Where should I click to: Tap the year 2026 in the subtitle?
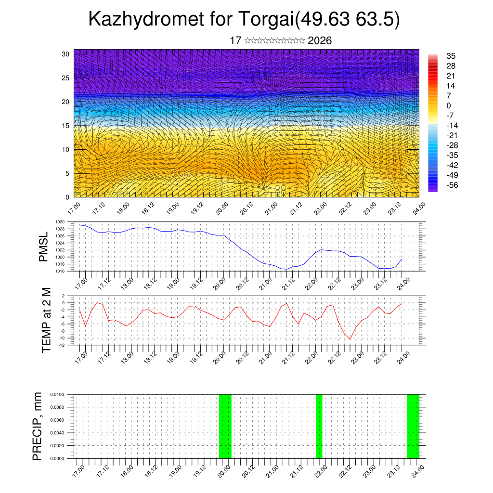(320, 41)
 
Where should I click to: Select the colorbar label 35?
(451, 56)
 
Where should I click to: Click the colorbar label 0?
(449, 105)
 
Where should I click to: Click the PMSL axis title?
(43, 246)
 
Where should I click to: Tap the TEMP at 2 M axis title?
(46, 320)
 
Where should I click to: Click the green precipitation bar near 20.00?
(225, 426)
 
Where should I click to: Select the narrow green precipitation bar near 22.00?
(319, 426)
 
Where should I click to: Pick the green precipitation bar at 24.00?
(413, 426)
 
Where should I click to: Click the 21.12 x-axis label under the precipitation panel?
(295, 471)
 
